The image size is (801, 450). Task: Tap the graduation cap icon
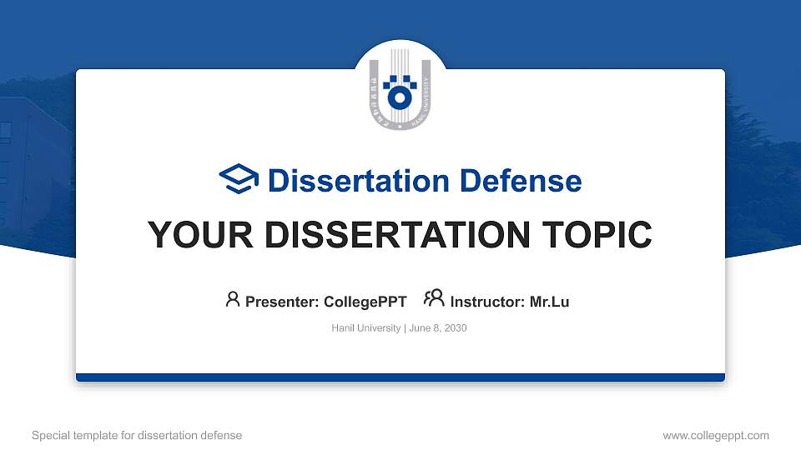coord(239,180)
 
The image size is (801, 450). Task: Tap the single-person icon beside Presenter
coord(233,299)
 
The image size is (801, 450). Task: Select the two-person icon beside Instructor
coord(434,299)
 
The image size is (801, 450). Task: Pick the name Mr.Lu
coord(549,302)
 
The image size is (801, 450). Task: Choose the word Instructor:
coord(487,302)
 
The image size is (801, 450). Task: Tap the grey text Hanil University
coord(366,328)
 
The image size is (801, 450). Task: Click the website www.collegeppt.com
coord(715,435)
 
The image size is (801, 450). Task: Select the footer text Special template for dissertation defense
coord(137,435)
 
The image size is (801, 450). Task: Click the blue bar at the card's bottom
coord(400,377)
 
